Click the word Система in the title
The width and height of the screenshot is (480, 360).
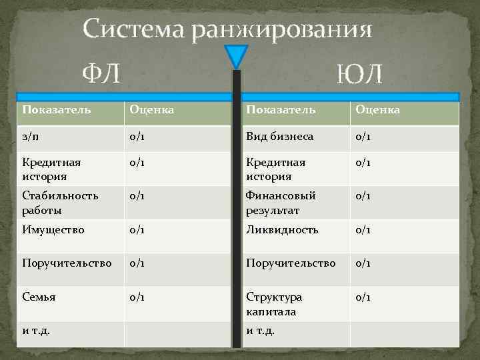(133, 30)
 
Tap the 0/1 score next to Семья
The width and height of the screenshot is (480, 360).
(138, 297)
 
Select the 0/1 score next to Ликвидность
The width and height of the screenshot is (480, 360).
(363, 230)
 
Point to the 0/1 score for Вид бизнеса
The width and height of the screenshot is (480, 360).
(363, 137)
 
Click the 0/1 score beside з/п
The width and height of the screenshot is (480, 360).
(138, 137)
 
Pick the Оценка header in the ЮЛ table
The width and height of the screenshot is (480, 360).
(377, 109)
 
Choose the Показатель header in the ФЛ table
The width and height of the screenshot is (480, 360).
(57, 109)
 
